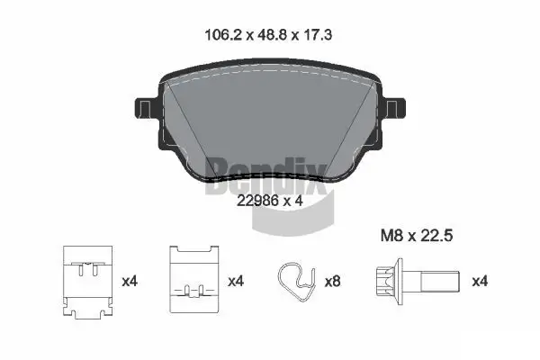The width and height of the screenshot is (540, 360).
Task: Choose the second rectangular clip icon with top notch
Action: tap(193, 280)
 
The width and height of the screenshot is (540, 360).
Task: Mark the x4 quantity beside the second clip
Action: tap(236, 281)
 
